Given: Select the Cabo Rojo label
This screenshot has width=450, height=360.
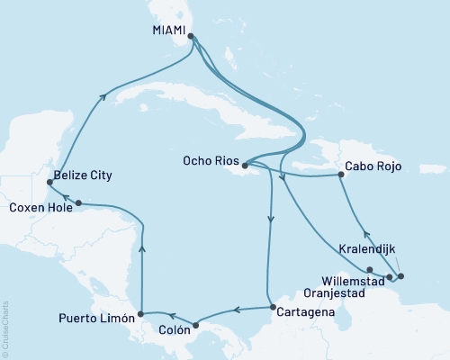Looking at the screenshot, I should click(372, 166).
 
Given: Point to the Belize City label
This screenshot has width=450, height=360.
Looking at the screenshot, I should click(82, 175).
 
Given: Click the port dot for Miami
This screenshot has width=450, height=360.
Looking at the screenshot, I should click(191, 37).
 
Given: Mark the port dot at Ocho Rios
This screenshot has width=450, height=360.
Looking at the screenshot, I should click(245, 164).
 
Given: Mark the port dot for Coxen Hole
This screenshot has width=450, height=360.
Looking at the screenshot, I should click(79, 202).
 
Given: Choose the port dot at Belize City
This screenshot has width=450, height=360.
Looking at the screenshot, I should click(48, 183).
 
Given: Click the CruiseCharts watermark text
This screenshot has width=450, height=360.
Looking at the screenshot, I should click(5, 326).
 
